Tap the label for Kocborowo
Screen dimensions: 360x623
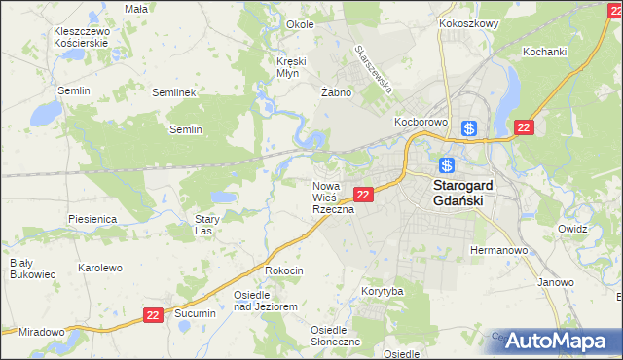pos(420,123)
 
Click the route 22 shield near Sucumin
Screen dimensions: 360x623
pos(152,315)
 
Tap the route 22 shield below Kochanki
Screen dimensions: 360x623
pos(525,127)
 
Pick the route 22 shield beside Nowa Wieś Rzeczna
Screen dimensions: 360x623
pos(362,195)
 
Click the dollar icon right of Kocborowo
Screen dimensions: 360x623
pos(469,127)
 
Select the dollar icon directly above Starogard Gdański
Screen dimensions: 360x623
pos(447,164)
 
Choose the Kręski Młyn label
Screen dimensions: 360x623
pos(291,67)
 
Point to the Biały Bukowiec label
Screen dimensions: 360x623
pos(21,269)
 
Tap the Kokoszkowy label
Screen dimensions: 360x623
pos(468,22)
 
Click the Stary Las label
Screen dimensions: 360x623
pos(203,226)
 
